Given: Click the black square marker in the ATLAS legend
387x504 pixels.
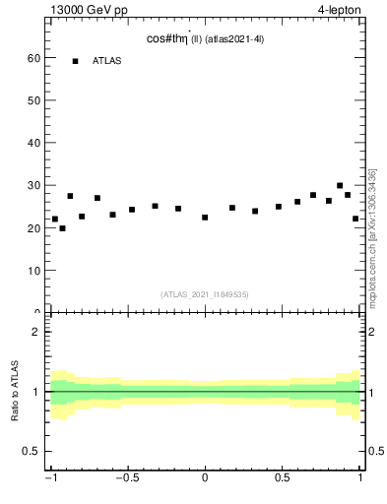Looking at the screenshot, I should [x=75, y=61].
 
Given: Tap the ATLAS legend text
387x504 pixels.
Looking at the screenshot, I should [x=107, y=61].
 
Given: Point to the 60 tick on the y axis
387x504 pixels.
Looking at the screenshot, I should [x=32, y=58].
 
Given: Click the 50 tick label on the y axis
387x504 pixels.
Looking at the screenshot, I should [x=32, y=100].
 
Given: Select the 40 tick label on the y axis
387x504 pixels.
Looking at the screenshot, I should [x=32, y=143].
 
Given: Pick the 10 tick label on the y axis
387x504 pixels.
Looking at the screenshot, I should [x=32, y=270].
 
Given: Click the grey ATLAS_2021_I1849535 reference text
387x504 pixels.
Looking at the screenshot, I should [x=205, y=293].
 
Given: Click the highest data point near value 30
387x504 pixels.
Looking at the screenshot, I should [x=340, y=185].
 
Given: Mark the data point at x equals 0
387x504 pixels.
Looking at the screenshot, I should [x=205, y=218].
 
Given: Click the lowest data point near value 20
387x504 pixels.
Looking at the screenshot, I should [x=62, y=228].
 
